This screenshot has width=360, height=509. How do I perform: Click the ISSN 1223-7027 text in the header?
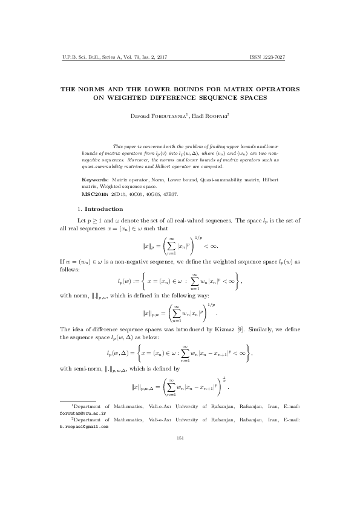(x=267, y=57)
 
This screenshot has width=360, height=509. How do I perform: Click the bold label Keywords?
(x=96, y=180)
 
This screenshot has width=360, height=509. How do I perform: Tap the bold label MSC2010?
(x=96, y=195)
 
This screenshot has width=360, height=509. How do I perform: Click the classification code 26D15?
(x=119, y=195)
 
